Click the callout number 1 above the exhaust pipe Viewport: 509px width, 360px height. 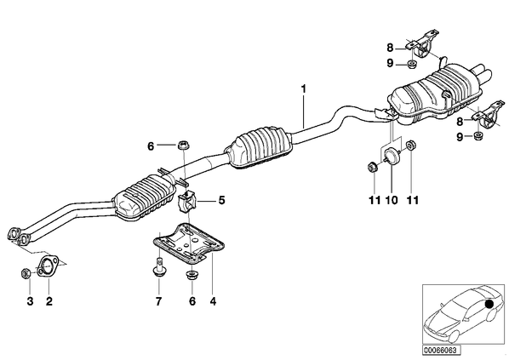304,89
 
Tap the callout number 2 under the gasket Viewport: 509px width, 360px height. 49,301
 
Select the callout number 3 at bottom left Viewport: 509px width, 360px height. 30,301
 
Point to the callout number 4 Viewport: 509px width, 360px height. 213,301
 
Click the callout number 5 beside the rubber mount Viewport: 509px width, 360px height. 221,200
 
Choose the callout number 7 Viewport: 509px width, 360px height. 158,301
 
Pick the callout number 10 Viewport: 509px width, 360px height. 392,200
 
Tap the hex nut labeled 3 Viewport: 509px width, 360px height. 25,273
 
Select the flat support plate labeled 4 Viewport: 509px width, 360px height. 189,243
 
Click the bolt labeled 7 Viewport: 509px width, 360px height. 158,267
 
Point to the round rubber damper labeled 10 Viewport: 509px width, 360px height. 392,156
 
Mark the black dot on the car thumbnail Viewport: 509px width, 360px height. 489,304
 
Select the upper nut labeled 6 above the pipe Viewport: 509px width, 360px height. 184,145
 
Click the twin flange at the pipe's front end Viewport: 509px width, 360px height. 18,236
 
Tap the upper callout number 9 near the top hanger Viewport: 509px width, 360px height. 390,63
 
